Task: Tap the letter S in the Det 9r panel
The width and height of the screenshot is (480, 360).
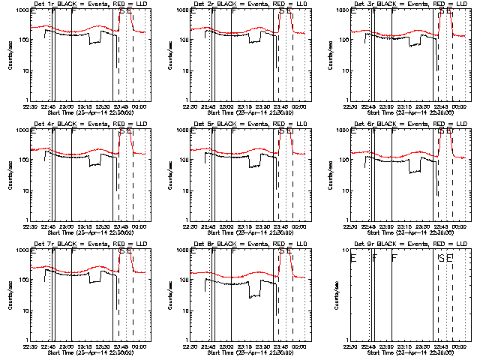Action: (x=440, y=258)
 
